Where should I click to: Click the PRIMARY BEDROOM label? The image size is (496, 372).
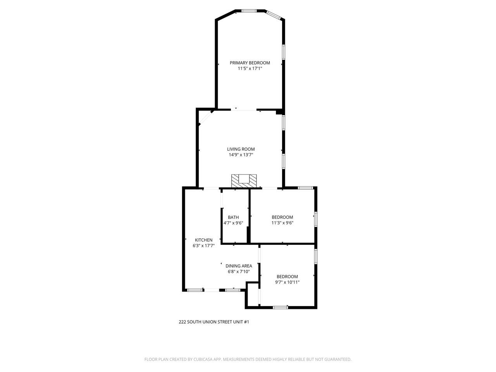pyautogui.click(x=250, y=63)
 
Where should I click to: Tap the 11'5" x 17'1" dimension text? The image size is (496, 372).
pyautogui.click(x=250, y=69)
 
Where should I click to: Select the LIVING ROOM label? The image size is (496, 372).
pyautogui.click(x=241, y=149)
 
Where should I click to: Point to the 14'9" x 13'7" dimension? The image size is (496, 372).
pyautogui.click(x=241, y=155)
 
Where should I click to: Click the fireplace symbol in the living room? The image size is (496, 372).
pyautogui.click(x=244, y=180)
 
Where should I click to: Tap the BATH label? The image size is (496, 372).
pyautogui.click(x=233, y=217)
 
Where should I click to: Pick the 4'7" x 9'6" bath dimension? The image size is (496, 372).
pyautogui.click(x=233, y=223)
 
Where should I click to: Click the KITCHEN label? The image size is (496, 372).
pyautogui.click(x=203, y=240)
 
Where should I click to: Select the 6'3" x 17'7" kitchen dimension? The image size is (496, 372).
pyautogui.click(x=203, y=246)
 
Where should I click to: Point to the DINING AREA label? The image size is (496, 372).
pyautogui.click(x=239, y=266)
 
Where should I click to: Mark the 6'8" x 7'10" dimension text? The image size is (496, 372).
pyautogui.click(x=239, y=272)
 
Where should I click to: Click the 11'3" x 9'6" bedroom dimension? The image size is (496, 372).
pyautogui.click(x=282, y=223)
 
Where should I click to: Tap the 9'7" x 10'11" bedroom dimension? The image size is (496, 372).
pyautogui.click(x=287, y=282)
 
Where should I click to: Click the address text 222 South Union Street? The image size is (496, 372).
pyautogui.click(x=214, y=322)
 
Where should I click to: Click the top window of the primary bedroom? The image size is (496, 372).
pyautogui.click(x=249, y=11)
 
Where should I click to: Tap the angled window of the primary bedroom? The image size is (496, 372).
pyautogui.click(x=274, y=15)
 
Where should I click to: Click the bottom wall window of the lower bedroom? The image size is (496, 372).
pyautogui.click(x=280, y=308)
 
